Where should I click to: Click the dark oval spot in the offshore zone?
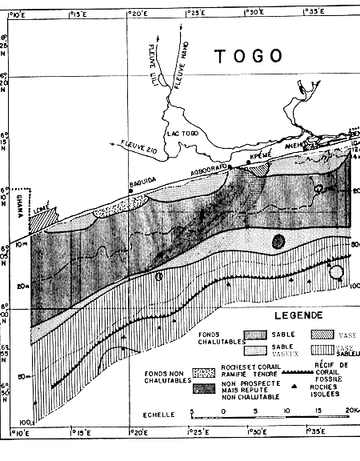point(278,240)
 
